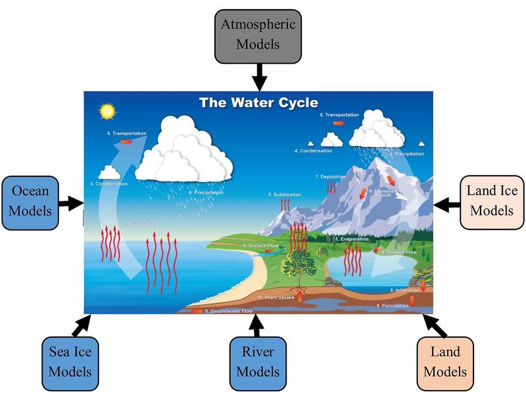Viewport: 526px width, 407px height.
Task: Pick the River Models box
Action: (258, 361)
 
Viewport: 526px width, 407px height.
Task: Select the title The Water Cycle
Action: (258, 103)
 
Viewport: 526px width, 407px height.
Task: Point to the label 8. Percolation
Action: (393, 306)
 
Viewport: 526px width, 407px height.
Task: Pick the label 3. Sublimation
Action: (284, 195)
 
